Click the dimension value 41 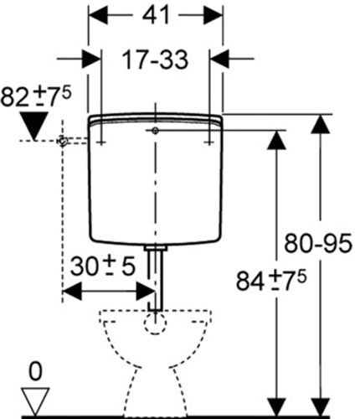(x=156, y=15)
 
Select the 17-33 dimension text (x=155, y=59)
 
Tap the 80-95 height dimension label (x=318, y=243)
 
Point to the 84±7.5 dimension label (x=271, y=280)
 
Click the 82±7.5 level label (x=36, y=96)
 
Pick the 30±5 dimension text (x=103, y=266)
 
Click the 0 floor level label (x=35, y=372)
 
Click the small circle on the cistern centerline (x=155, y=131)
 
